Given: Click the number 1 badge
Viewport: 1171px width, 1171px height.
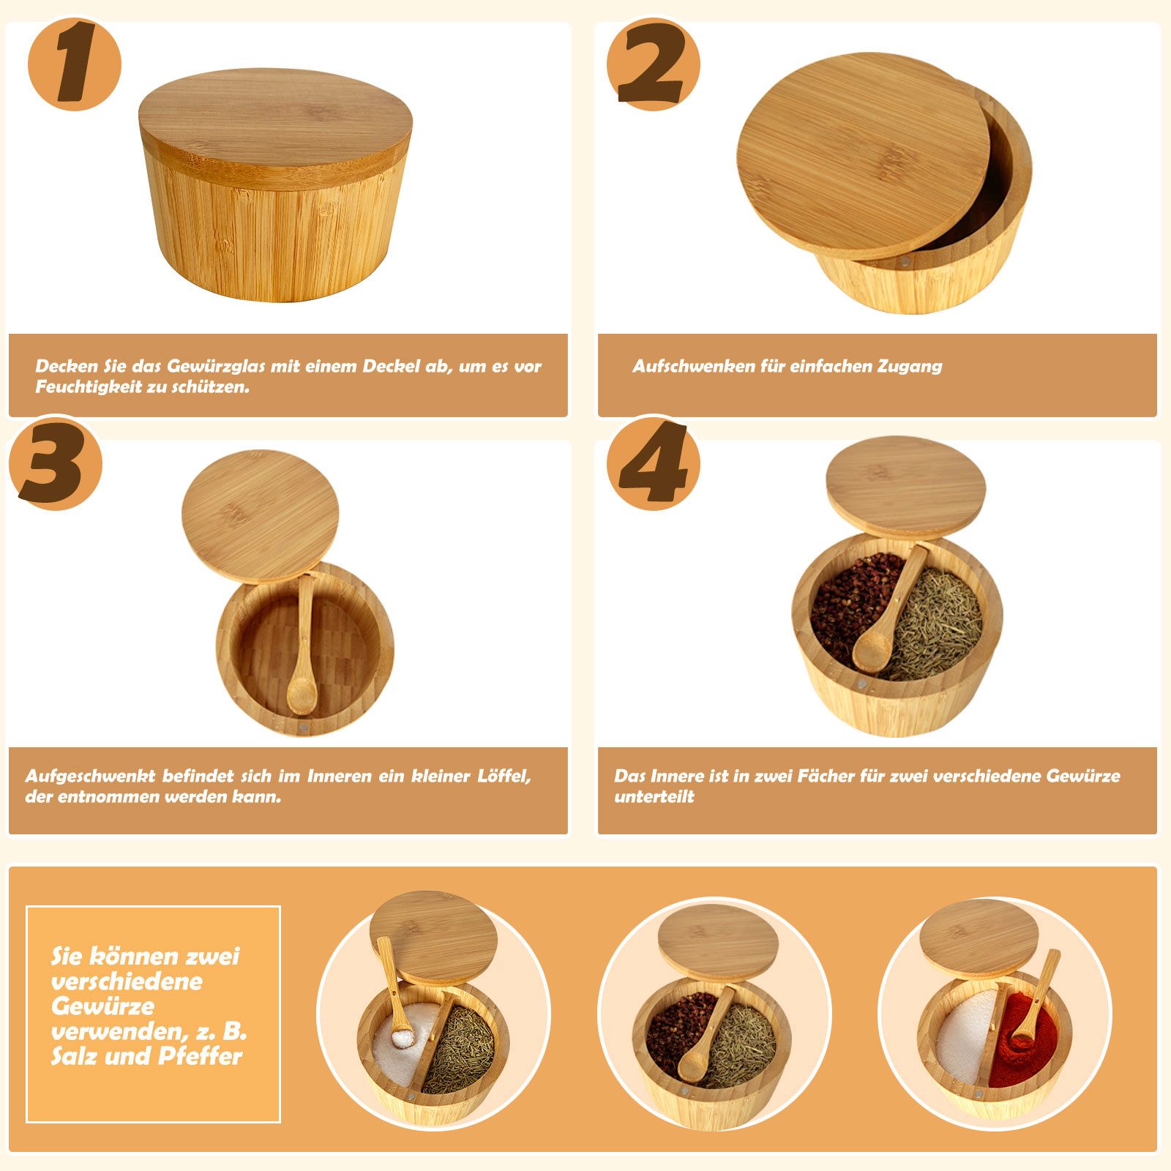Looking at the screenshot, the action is coord(74,64).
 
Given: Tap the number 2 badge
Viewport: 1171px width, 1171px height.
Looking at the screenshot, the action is coord(653,64).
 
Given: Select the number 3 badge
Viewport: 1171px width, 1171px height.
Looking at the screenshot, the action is coord(56,463).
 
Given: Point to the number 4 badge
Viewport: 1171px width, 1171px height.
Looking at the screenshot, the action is coord(653,463).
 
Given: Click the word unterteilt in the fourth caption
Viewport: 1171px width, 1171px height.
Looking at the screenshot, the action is coord(654,797).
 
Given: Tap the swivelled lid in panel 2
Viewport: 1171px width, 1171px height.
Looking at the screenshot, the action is coord(864,155).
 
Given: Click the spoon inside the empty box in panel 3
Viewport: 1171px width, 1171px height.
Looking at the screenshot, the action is coord(302,644).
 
